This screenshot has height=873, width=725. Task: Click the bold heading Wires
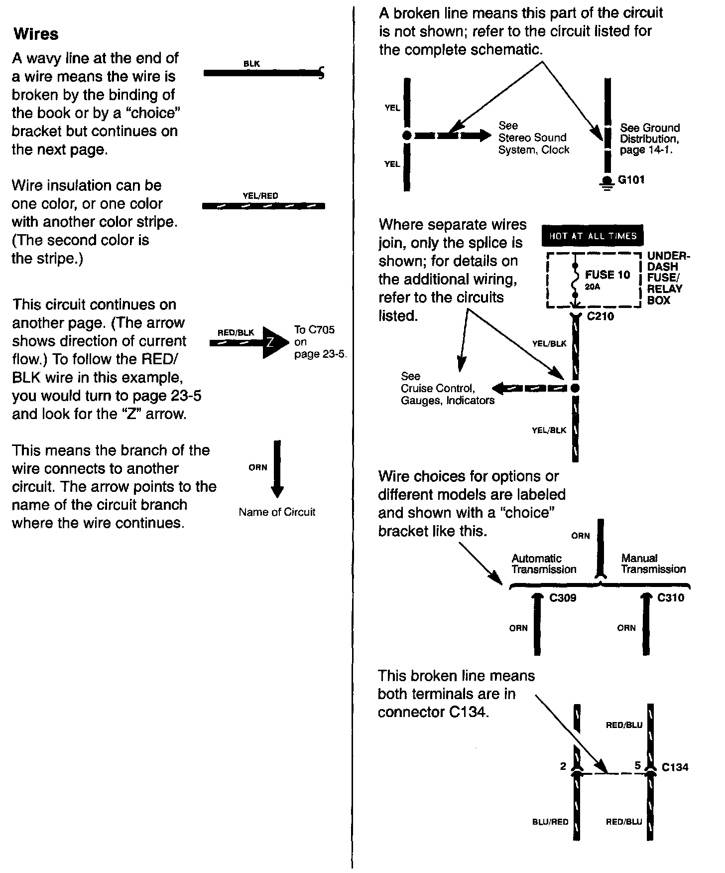point(36,34)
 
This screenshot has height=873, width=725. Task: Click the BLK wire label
point(251,64)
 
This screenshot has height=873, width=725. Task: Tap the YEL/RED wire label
point(260,196)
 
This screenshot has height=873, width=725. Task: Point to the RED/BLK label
point(236,332)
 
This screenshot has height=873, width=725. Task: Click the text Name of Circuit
point(277,512)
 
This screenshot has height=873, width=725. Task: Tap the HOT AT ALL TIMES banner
point(593,236)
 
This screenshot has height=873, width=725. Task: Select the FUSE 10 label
point(607,275)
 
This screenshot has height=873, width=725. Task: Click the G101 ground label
point(631,179)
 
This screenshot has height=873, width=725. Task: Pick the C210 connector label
point(601,316)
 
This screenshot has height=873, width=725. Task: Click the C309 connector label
point(563,597)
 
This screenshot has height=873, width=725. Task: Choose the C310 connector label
point(671,597)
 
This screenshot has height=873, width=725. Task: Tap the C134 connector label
point(675,767)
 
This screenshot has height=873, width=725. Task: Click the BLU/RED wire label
point(550,822)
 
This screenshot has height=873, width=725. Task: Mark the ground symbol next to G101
point(606,182)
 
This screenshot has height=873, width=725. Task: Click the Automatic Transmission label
point(544,564)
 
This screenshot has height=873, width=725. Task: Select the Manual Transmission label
point(653,564)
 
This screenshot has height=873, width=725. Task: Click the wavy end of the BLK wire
point(321,74)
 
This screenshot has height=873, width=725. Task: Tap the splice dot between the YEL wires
point(407,135)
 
